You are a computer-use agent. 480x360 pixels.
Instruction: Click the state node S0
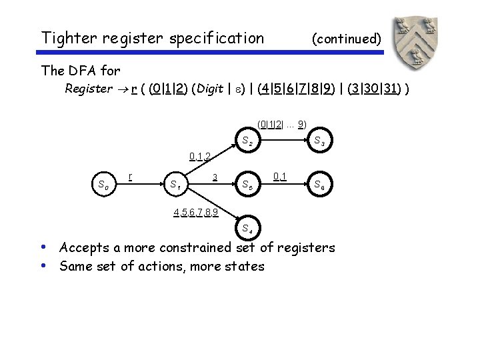coord(103,185)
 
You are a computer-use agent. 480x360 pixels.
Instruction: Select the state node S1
coord(177,185)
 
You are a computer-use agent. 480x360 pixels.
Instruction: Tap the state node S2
coord(247,141)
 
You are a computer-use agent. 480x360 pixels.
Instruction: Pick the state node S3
coord(319,141)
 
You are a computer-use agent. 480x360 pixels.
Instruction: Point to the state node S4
coord(247,228)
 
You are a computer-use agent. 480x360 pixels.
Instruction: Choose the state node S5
coord(247,185)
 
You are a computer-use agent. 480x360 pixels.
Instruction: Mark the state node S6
coord(319,185)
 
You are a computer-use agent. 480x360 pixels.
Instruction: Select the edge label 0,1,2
coord(200,157)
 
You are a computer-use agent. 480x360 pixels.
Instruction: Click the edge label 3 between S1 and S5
coord(215,177)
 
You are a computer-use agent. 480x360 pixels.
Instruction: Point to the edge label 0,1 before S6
coord(281,177)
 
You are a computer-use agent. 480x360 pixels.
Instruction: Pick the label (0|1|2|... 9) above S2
coord(281,124)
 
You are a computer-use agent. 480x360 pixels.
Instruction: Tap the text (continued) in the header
coord(346,39)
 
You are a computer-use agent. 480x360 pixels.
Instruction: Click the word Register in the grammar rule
coord(89,89)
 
